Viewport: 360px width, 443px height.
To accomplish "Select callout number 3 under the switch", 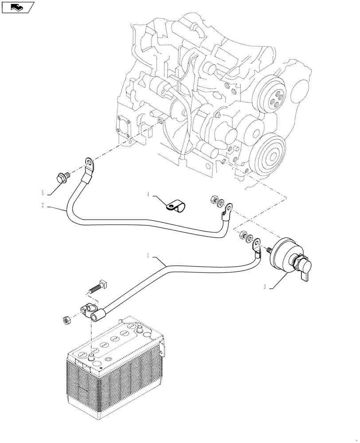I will pos(264,287).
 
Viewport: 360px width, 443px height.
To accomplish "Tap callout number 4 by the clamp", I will pos(149,194).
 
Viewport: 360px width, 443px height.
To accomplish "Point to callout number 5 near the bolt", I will pos(43,193).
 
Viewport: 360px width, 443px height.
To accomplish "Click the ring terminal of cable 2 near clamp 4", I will pos(227,208).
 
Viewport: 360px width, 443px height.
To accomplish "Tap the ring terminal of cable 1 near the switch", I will pos(256,244).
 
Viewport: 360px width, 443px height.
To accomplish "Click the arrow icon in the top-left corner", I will pos(18,7).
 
